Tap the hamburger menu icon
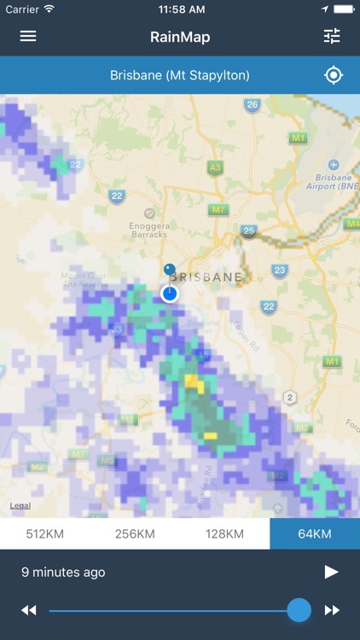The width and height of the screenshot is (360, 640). (x=28, y=37)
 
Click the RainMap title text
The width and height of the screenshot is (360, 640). (x=180, y=37)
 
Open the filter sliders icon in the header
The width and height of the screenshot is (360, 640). (x=332, y=37)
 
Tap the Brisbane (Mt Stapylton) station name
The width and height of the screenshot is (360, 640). (x=180, y=75)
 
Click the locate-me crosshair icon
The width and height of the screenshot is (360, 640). (x=334, y=75)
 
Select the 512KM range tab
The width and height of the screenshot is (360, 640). (x=44, y=534)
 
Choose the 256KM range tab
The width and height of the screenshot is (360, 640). (x=135, y=534)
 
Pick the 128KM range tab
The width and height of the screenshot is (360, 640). (x=224, y=534)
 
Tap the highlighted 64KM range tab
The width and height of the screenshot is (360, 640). (x=315, y=534)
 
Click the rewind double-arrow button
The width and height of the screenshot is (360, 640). (x=29, y=610)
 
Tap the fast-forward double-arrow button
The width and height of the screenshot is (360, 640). (x=332, y=610)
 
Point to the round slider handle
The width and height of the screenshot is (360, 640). (x=299, y=610)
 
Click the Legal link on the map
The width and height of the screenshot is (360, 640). (x=20, y=506)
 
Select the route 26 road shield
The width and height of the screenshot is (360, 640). (x=252, y=105)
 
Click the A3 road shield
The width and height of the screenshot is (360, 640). (x=215, y=168)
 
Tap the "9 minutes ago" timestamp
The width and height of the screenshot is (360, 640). (x=63, y=572)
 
